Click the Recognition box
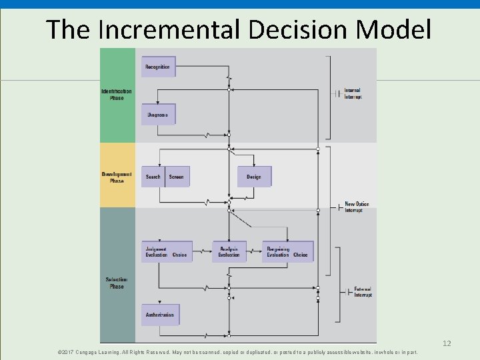click(158, 67)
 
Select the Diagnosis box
click(158, 115)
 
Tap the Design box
click(254, 177)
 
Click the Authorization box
click(160, 315)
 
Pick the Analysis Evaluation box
click(229, 251)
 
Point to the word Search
click(153, 177)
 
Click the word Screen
click(176, 177)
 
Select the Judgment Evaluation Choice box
click(167, 251)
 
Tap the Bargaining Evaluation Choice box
click(287, 251)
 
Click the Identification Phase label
click(117, 94)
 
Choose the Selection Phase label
click(117, 283)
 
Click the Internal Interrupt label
click(353, 94)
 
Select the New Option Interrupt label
click(357, 207)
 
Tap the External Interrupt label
click(363, 292)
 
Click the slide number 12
click(447, 343)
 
